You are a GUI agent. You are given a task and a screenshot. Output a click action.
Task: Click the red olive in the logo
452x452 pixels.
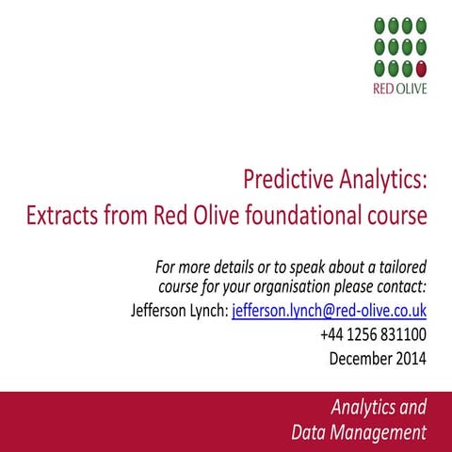[421, 68]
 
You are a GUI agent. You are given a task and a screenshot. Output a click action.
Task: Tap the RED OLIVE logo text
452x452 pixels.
[399, 90]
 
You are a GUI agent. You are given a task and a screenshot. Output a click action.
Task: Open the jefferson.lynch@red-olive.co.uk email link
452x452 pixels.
[329, 309]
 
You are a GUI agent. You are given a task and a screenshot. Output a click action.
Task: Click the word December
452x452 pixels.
[358, 358]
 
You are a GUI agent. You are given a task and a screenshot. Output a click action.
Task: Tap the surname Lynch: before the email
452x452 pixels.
[209, 309]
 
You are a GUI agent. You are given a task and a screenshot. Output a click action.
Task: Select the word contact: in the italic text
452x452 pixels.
[398, 284]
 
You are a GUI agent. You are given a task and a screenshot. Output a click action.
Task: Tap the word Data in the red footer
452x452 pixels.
[310, 433]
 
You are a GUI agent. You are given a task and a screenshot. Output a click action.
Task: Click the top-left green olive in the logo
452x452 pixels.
[379, 25]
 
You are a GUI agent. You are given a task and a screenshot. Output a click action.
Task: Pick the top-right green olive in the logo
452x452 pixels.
[421, 25]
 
